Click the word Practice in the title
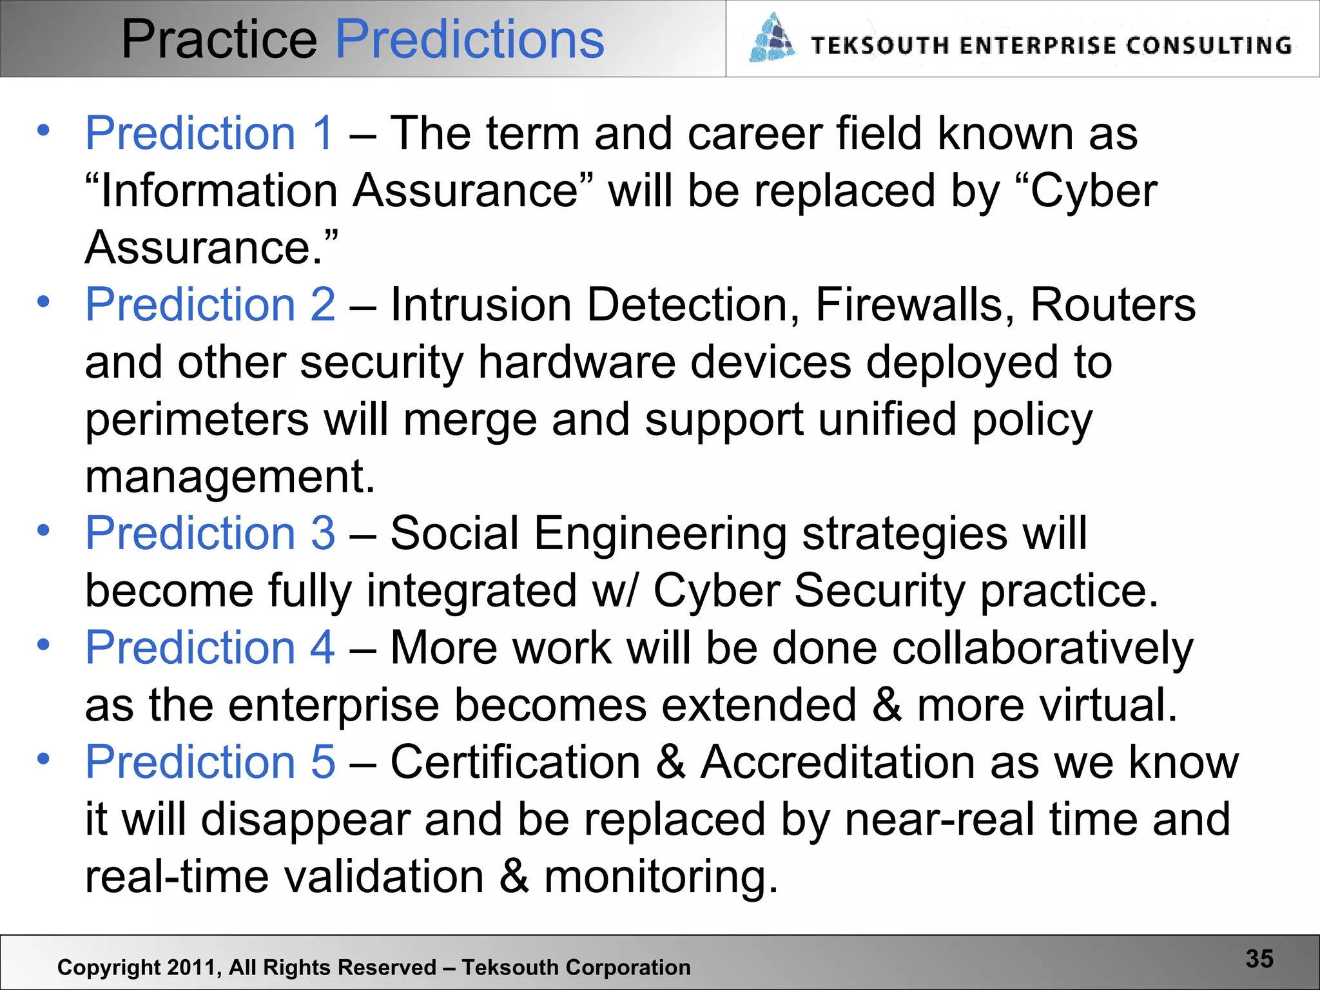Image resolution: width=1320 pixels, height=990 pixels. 219,40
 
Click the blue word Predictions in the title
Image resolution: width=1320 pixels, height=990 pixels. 470,40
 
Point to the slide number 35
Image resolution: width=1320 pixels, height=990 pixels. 1259,958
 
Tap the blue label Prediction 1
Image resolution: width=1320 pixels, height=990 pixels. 209,133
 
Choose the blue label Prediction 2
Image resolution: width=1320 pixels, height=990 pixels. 210,304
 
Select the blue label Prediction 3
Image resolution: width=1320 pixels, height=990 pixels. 210,533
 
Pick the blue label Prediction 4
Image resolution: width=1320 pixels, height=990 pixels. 210,647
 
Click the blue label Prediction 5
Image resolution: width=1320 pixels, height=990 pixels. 210,762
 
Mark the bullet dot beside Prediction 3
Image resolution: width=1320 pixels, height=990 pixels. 43,530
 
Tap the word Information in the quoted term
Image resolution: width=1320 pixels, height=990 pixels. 219,191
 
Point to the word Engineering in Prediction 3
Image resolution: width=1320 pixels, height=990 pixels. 660,534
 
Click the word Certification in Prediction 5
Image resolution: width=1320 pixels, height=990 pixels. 515,762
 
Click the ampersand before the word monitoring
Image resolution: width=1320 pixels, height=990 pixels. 514,877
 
